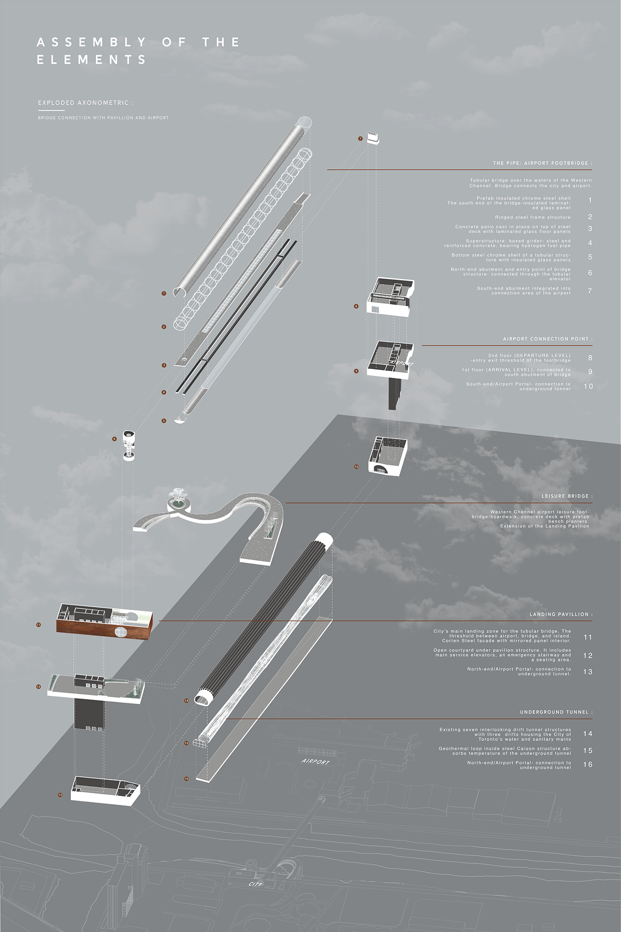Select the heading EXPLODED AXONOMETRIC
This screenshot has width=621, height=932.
pyautogui.click(x=85, y=103)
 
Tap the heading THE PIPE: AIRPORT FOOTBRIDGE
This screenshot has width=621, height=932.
pyautogui.click(x=542, y=163)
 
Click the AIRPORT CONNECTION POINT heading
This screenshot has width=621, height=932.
pyautogui.click(x=547, y=339)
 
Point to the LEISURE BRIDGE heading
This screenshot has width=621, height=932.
pyautogui.click(x=567, y=496)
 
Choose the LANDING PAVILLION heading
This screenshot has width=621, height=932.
pyautogui.click(x=561, y=614)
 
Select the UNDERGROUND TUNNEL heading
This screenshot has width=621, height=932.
pyautogui.click(x=556, y=712)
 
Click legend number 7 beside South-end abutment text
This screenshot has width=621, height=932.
pyautogui.click(x=590, y=291)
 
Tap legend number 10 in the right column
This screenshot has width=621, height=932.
pyautogui.click(x=588, y=386)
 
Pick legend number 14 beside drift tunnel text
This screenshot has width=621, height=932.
pyautogui.click(x=587, y=733)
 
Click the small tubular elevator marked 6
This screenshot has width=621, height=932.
pyautogui.click(x=129, y=445)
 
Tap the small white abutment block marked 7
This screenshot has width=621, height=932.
pyautogui.click(x=373, y=137)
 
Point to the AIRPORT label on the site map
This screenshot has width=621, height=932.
pyautogui.click(x=315, y=761)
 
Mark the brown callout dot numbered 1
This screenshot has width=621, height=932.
pyautogui.click(x=164, y=294)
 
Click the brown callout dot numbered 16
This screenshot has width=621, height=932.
pyautogui.click(x=186, y=779)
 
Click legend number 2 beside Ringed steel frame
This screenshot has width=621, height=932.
pyautogui.click(x=590, y=217)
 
